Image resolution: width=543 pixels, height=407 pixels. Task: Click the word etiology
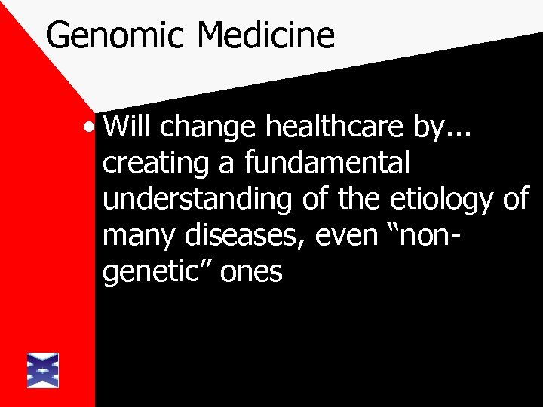tap(445, 200)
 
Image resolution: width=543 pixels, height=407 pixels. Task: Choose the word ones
tap(252, 274)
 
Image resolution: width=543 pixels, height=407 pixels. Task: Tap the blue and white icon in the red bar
tap(42, 370)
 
